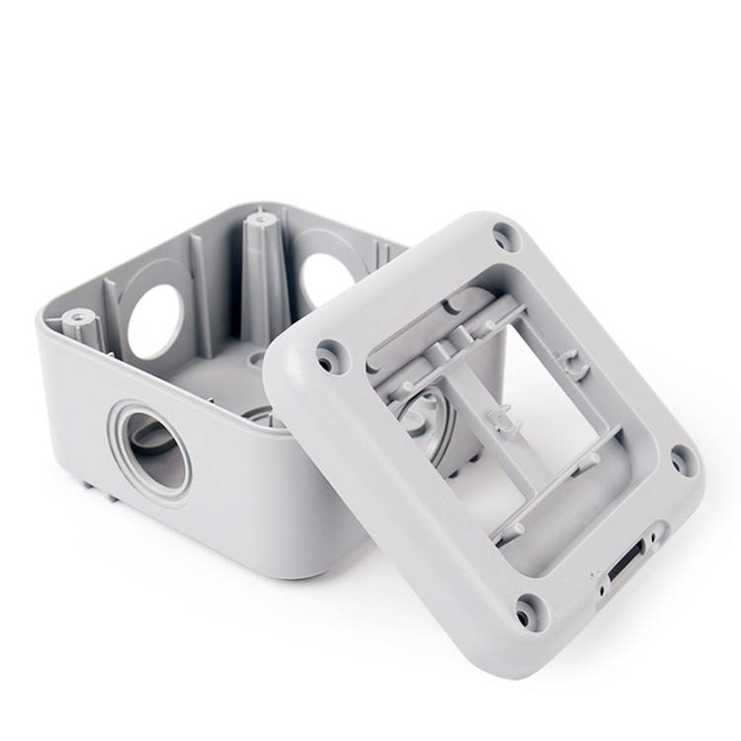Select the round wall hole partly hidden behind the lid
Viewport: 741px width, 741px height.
coord(327,278)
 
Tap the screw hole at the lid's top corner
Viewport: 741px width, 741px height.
coord(505,236)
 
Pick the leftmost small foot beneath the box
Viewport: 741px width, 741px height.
coord(89,484)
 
